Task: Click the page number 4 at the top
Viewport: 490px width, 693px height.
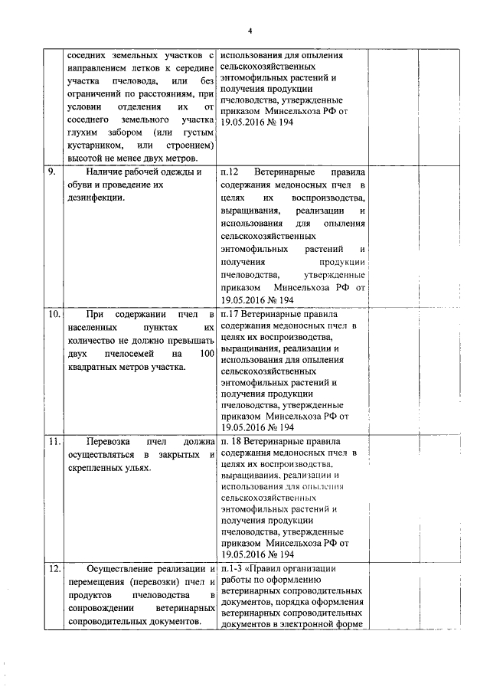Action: [250, 30]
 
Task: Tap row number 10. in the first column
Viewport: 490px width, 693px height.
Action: [54, 314]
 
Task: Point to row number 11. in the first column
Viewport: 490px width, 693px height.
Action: [54, 442]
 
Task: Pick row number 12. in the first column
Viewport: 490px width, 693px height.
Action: [54, 569]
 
